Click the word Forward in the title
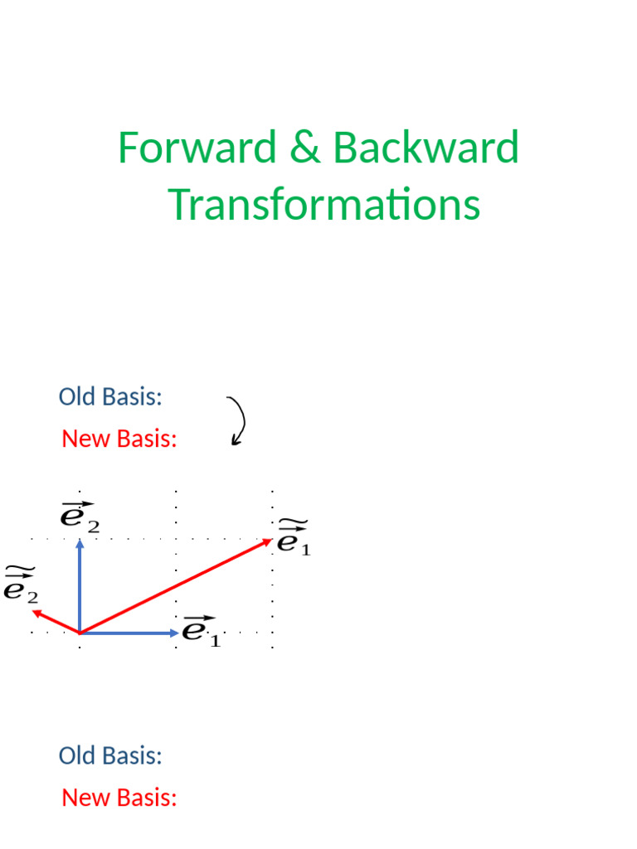pos(197,148)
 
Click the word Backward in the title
pos(425,148)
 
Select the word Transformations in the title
pos(324,205)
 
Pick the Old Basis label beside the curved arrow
pos(110,396)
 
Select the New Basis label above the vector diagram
pos(119,439)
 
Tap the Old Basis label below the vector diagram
pos(110,755)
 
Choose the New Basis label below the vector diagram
pos(119,798)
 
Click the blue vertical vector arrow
pos(80,589)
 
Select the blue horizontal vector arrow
pos(129,633)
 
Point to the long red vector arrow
pos(174,586)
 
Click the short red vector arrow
pos(55,622)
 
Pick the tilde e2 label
pos(21,584)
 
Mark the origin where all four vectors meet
pos(80,633)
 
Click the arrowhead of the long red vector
pos(268,541)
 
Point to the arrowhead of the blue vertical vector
pos(80,544)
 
